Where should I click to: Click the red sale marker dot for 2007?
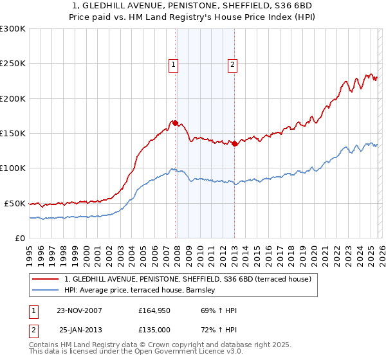[x=175, y=122]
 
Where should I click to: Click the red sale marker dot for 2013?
[x=234, y=144]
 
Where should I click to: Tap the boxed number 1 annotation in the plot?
[x=174, y=64]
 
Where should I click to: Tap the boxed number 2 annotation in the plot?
[x=232, y=64]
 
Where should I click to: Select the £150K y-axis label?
[x=13, y=134]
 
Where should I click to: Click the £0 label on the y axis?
[x=19, y=238]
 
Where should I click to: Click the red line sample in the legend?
[x=45, y=279]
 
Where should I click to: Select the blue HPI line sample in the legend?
[x=45, y=291]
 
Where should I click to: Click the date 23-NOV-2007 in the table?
[x=78, y=310]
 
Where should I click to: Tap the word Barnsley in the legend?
[x=207, y=291]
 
